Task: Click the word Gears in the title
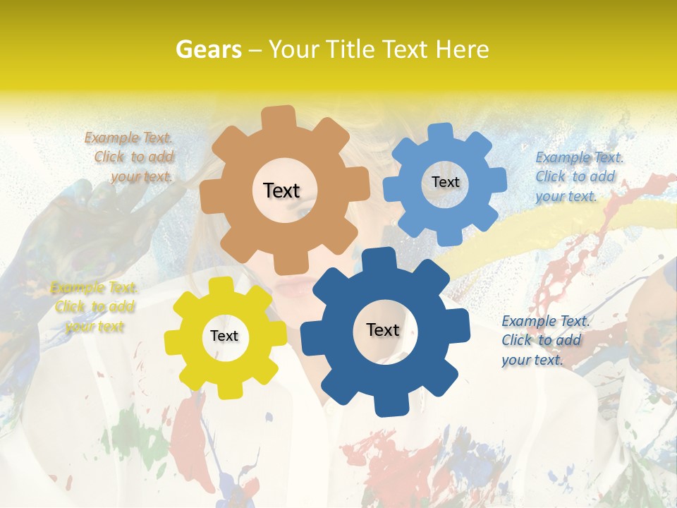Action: coord(207,49)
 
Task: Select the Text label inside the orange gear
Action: coord(281,190)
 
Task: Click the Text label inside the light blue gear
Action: coord(445,182)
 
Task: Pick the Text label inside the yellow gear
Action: coord(224,336)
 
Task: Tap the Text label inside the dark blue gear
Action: coord(383,329)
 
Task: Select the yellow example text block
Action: coord(94,307)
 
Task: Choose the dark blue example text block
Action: coord(542,340)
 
